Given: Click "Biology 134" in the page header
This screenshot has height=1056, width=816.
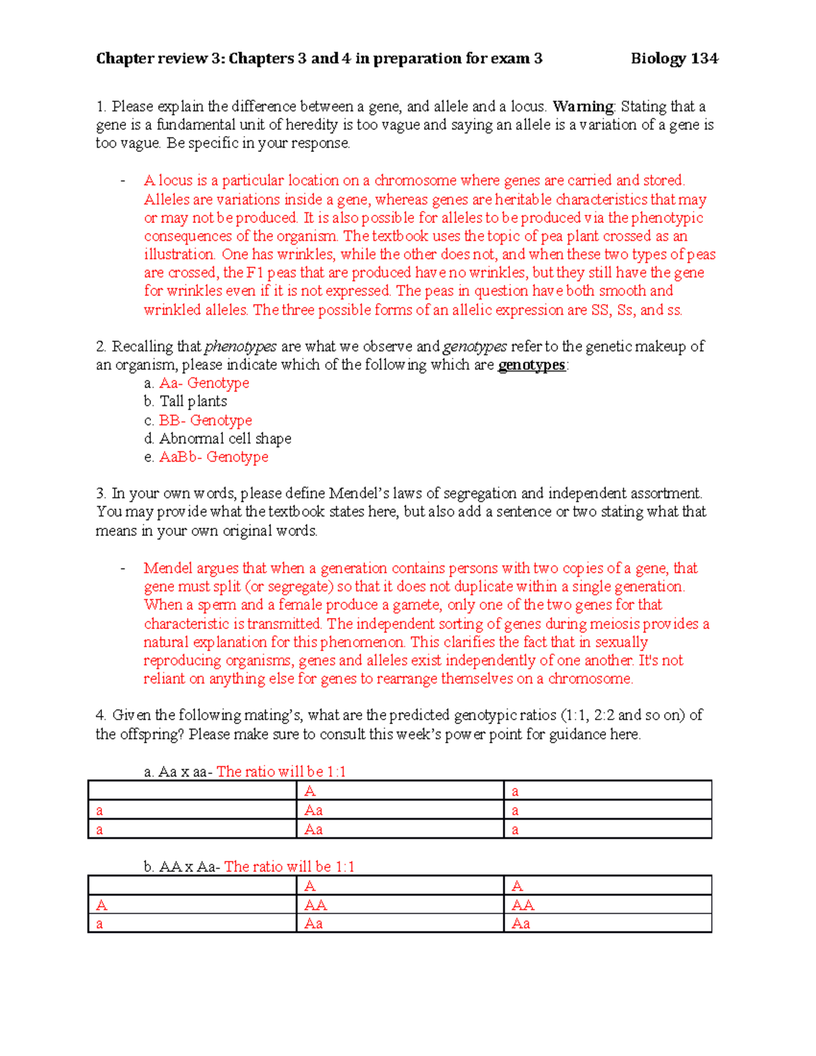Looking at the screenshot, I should click(674, 58).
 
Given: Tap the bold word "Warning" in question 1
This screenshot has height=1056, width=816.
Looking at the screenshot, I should click(583, 107).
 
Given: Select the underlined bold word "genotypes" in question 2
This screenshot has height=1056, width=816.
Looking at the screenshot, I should click(532, 365).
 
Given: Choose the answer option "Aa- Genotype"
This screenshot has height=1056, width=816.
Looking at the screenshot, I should click(204, 384).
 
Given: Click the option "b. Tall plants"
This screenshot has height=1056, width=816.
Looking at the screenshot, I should click(186, 402).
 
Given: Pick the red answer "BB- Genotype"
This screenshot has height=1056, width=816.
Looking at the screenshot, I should click(205, 421).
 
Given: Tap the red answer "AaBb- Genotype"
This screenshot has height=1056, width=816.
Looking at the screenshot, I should click(214, 458).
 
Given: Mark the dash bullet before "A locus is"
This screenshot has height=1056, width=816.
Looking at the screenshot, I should click(122, 181).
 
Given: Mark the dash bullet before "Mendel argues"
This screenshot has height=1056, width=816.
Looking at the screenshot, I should click(122, 568).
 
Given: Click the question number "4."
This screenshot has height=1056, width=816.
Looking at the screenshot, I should click(101, 715).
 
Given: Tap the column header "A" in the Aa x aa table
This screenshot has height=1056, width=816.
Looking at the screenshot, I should click(310, 791).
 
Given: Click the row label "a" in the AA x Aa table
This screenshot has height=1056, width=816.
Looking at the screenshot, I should click(100, 923).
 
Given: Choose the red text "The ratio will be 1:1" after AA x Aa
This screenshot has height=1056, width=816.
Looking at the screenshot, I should click(289, 867).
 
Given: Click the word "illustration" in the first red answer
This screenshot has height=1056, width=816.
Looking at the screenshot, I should click(179, 254).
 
